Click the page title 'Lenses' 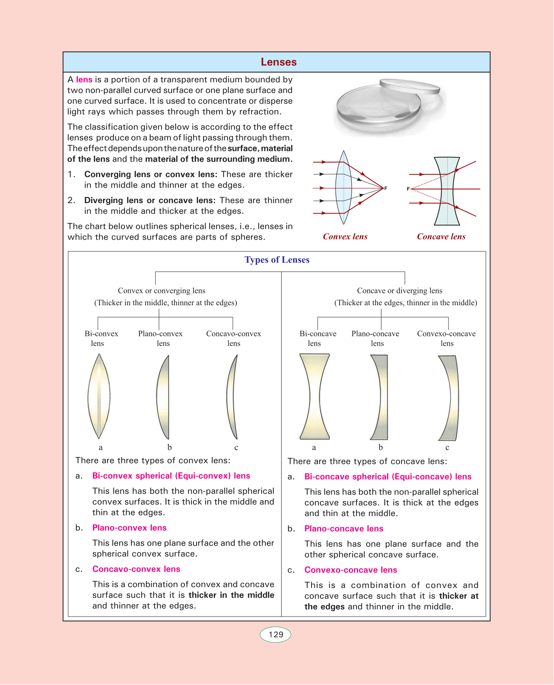coord(279,62)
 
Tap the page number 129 coord(276,634)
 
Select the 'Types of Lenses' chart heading coord(277,260)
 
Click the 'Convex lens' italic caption coord(345,237)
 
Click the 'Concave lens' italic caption coord(441,237)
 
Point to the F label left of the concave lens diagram coord(408,189)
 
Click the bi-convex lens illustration coord(99,396)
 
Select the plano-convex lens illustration coord(163,397)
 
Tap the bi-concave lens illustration coord(315,396)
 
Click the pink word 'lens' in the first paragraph coord(84,80)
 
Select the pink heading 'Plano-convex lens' coord(129,528)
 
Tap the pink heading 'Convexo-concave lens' coord(351,570)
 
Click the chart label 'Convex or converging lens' coord(161,291)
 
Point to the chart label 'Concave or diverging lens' coord(399,291)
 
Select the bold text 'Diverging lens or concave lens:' coord(150,200)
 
